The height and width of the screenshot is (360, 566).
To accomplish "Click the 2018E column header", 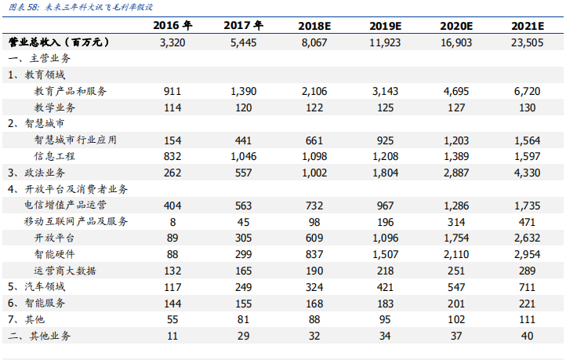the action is pyautogui.click(x=314, y=26).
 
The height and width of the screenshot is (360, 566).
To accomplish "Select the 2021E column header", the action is pyautogui.click(x=527, y=26).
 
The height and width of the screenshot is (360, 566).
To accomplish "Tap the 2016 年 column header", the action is pyautogui.click(x=172, y=25).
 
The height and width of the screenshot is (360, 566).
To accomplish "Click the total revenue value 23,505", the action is pyautogui.click(x=527, y=42).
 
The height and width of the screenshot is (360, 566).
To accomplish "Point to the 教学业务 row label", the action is pyautogui.click(x=55, y=107).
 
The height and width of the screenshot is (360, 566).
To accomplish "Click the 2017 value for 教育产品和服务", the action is pyautogui.click(x=243, y=91).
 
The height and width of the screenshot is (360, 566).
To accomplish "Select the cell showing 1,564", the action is pyautogui.click(x=527, y=140).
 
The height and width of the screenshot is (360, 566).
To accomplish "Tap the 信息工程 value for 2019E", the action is pyautogui.click(x=385, y=156).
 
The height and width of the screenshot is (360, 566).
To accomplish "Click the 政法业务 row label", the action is pyautogui.click(x=37, y=173).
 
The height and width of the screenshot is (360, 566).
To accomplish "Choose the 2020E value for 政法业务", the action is pyautogui.click(x=456, y=173).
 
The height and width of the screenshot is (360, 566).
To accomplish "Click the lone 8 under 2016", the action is pyautogui.click(x=172, y=222).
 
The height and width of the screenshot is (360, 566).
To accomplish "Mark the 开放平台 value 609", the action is pyautogui.click(x=314, y=238).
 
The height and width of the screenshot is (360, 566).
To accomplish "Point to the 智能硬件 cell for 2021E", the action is pyautogui.click(x=527, y=255).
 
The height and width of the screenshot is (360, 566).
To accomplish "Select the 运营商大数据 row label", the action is pyautogui.click(x=65, y=271).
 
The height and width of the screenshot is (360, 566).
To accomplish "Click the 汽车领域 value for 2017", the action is pyautogui.click(x=243, y=287).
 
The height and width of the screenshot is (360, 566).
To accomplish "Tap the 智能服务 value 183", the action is pyautogui.click(x=385, y=304).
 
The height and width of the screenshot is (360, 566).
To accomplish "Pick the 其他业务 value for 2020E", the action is pyautogui.click(x=456, y=336).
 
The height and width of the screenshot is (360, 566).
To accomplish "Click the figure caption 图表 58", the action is pyautogui.click(x=24, y=7).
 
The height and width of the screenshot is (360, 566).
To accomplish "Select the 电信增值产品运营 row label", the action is pyautogui.click(x=65, y=205).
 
